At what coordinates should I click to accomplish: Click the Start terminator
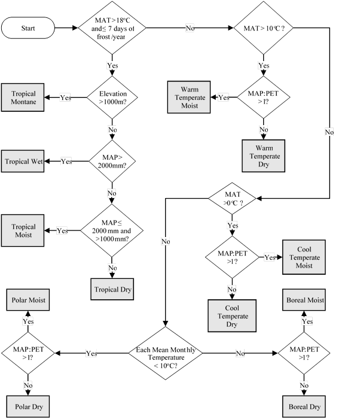(29, 28)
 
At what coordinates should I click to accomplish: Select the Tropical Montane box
(23, 98)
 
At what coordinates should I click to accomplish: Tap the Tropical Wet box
(24, 162)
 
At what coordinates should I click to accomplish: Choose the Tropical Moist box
(23, 231)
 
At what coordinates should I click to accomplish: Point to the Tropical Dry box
(112, 289)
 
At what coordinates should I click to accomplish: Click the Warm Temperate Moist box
(188, 98)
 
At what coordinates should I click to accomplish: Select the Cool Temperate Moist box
(303, 257)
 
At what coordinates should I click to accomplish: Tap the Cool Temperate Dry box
(230, 315)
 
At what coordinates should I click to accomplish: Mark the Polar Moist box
(28, 299)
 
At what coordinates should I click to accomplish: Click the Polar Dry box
(28, 405)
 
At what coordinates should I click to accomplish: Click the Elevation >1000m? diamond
(112, 98)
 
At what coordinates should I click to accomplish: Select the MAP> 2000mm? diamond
(112, 162)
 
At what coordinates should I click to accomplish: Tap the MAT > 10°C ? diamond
(263, 28)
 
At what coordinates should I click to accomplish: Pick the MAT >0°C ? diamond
(232, 197)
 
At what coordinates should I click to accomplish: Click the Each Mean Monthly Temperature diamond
(167, 354)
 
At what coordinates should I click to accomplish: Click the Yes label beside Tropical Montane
(66, 98)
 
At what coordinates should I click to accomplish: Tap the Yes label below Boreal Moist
(307, 321)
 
